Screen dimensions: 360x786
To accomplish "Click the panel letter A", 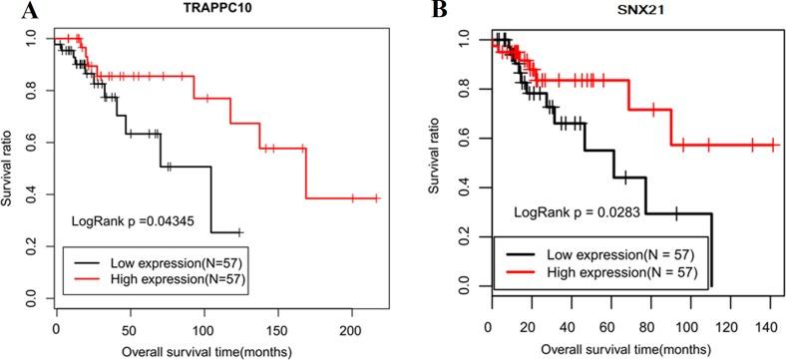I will click(10, 11).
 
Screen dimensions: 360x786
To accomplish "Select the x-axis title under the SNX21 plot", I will click(620, 350).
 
